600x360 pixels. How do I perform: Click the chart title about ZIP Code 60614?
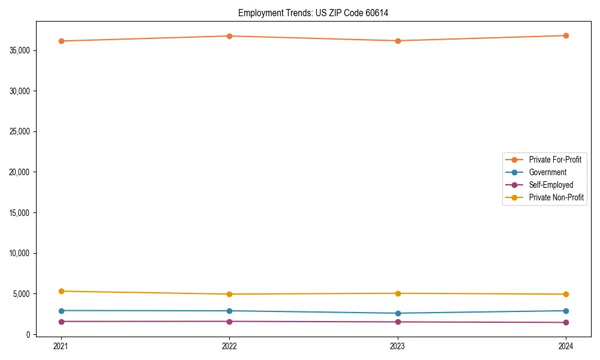coord(313,13)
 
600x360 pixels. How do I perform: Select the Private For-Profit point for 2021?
coord(61,41)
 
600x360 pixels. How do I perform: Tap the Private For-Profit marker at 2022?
coord(229,36)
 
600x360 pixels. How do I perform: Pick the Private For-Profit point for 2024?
coord(566,35)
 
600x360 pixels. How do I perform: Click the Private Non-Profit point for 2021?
coord(61,291)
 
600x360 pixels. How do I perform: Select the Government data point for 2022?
coord(229,311)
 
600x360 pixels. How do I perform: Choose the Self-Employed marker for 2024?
coord(566,322)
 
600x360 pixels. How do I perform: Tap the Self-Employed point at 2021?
coord(61,322)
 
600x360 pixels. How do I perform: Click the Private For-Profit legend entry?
coord(554,160)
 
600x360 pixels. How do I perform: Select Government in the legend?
coord(547,172)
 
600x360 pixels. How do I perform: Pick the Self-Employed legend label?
coord(551,185)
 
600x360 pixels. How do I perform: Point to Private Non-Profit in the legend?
coord(556,197)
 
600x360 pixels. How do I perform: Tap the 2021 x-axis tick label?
coord(61,346)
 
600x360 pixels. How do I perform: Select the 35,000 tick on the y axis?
coord(21,50)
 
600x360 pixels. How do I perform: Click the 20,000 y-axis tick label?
coord(21,172)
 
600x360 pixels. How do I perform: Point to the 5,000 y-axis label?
coord(23,294)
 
